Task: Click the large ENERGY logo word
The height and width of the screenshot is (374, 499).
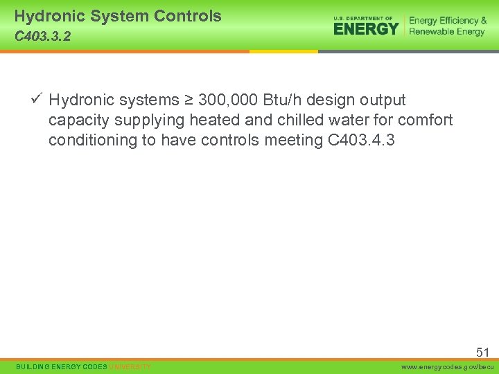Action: (x=366, y=28)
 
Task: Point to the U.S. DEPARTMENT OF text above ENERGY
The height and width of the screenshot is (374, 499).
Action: (x=363, y=18)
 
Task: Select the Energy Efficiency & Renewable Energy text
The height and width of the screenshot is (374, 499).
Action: (x=447, y=26)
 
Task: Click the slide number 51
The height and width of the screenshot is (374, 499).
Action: (x=482, y=353)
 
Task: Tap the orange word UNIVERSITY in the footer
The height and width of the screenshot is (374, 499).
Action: (x=130, y=366)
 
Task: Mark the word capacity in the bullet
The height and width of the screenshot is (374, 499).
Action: (x=79, y=121)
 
